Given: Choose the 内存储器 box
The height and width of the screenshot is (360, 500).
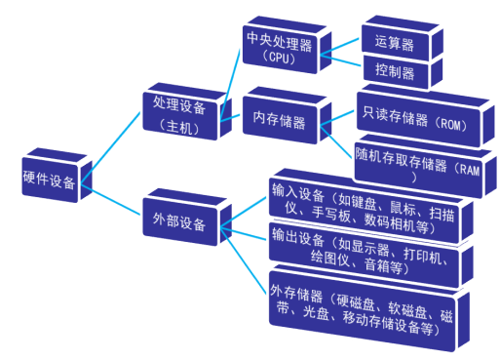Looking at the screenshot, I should point(279,123).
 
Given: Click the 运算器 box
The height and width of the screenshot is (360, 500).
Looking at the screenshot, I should point(394,42).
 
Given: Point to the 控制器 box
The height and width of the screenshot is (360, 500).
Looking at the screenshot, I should point(394,72).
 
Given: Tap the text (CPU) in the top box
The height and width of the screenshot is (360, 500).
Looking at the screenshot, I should point(280,56).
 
